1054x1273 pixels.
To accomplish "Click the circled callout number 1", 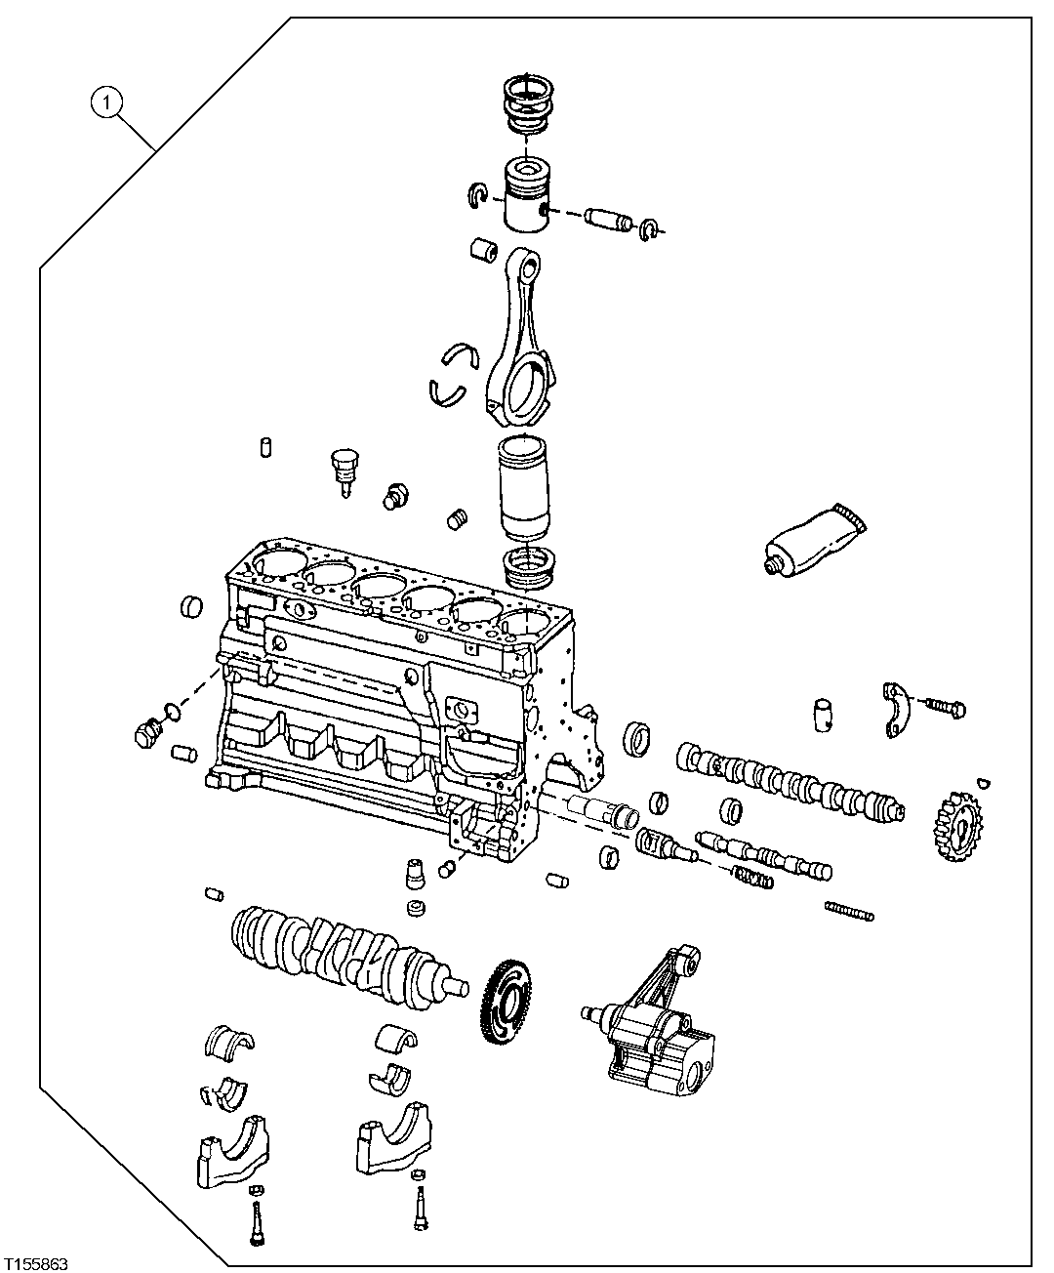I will click(106, 102).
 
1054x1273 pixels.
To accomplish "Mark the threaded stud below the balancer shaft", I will click(849, 911).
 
